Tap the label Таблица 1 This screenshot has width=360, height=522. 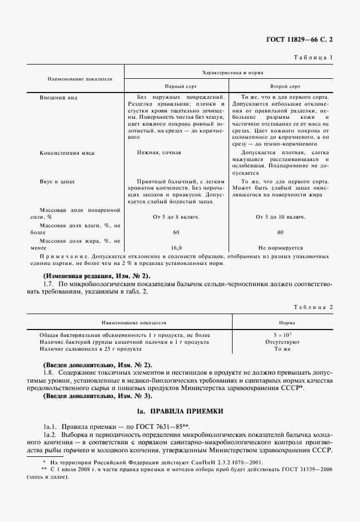coord(313,58)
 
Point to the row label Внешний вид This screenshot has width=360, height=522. coord(58,98)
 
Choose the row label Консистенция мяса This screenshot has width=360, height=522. coord(67,153)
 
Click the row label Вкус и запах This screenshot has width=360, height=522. coord(57,181)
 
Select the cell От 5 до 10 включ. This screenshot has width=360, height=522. coord(280,216)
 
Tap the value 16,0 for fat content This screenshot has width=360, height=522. coord(176,248)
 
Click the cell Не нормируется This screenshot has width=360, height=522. coord(280,248)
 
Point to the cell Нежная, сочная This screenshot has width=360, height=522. coord(159,153)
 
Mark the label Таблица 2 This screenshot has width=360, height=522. coord(313,307)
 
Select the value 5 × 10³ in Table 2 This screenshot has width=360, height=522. coord(283,334)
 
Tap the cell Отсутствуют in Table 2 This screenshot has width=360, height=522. coord(283,342)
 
